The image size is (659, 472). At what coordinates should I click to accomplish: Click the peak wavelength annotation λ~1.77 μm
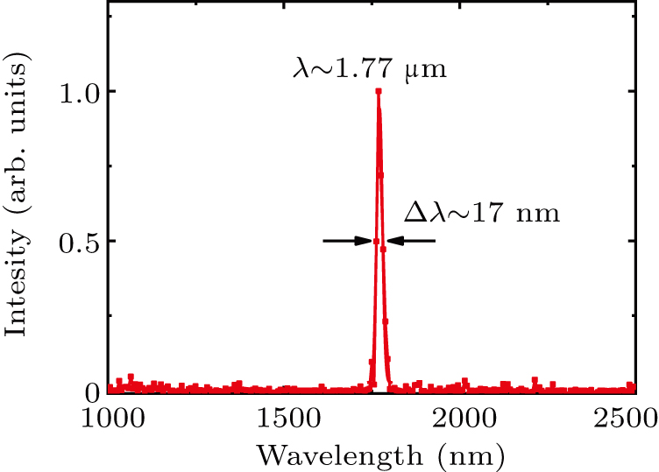click(370, 67)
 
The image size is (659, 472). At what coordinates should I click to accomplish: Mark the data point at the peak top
click(379, 91)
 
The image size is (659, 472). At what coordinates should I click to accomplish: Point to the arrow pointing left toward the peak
click(410, 241)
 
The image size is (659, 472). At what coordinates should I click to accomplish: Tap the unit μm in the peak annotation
click(430, 68)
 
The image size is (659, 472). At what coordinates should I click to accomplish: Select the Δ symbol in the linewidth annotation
click(412, 212)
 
